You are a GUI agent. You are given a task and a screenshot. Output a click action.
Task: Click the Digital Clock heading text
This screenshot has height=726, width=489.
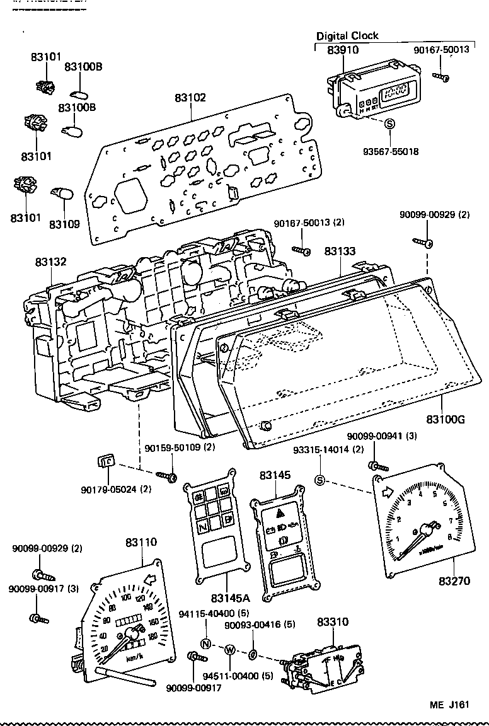(x=347, y=36)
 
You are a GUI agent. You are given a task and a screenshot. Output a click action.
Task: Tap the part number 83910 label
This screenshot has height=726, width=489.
(x=342, y=49)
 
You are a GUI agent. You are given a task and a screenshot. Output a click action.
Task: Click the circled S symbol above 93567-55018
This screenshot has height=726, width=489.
(x=389, y=124)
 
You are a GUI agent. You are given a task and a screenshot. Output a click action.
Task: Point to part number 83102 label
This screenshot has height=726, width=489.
(x=190, y=98)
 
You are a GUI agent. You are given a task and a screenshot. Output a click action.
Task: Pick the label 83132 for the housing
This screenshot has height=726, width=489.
(x=50, y=261)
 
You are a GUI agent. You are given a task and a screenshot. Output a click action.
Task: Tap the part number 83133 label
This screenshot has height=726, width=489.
(x=340, y=251)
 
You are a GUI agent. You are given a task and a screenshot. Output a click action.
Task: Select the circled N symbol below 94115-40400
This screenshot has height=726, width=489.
(x=205, y=643)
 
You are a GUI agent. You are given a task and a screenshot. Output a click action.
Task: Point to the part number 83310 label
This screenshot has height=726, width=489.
(x=332, y=621)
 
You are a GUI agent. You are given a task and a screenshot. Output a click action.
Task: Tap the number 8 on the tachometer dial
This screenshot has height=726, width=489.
(x=449, y=537)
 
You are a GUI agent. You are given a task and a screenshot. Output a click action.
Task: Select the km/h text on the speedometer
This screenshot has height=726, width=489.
(x=134, y=658)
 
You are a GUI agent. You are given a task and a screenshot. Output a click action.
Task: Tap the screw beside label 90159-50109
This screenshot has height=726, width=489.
(x=167, y=476)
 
